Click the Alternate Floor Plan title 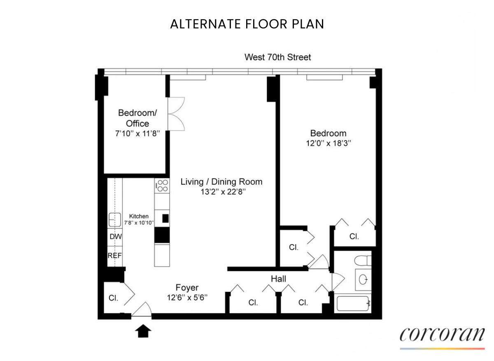pos(247,24)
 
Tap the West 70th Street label pos(278,57)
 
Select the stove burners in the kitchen pos(162,185)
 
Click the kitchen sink pos(114,219)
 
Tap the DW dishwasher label pos(115,237)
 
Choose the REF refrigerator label pos(115,256)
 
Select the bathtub pos(353,304)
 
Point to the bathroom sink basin pos(364,280)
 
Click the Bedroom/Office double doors pos(177,114)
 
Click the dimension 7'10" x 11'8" pos(137,133)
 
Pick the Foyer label pos(187,288)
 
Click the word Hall pos(278,279)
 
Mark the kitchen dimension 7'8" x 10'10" pos(139,223)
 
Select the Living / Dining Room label pos(221,182)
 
